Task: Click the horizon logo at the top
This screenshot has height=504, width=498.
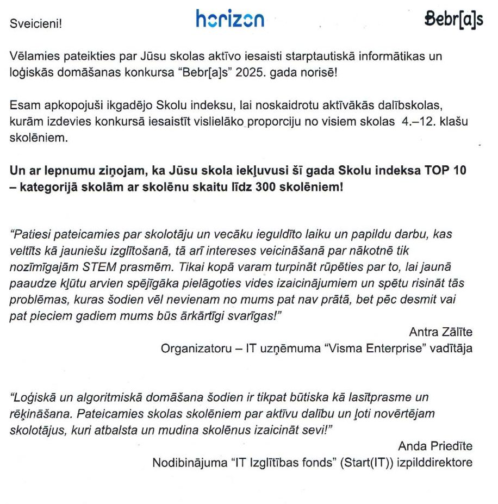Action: coord(230,19)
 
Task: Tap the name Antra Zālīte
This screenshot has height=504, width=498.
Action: coord(440,332)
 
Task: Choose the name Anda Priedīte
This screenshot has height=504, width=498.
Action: coord(435,446)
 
